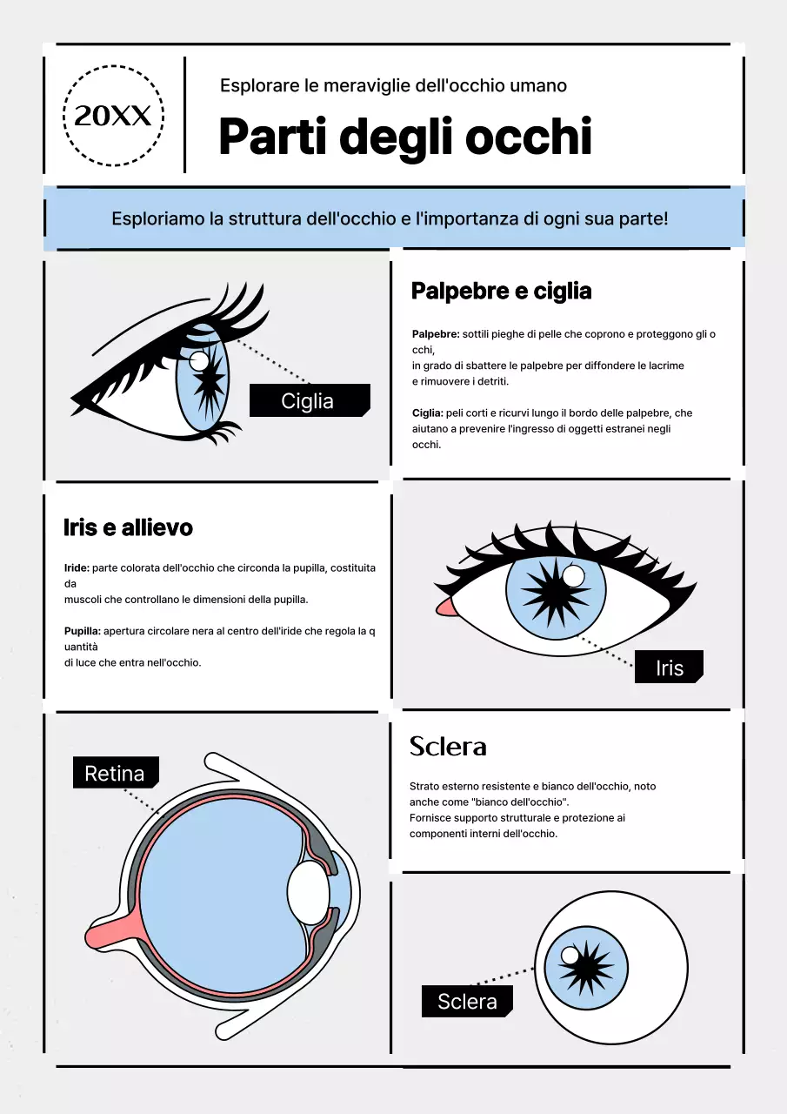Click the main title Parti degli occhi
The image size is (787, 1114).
(404, 137)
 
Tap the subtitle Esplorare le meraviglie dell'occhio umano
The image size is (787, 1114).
(393, 85)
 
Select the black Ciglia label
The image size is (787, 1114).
(309, 400)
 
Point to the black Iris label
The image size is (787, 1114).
(669, 668)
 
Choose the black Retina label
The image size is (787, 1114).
(115, 773)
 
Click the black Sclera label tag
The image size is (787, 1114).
(467, 1001)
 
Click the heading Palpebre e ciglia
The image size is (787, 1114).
(501, 292)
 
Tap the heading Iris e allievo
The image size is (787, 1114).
(128, 527)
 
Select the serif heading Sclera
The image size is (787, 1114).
(448, 746)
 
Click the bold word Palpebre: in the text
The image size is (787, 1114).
(435, 334)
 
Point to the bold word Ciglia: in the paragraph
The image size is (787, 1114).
(427, 413)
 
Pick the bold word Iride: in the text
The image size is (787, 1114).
(77, 567)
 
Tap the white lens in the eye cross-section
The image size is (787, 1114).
(308, 894)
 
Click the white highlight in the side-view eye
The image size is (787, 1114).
(199, 360)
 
